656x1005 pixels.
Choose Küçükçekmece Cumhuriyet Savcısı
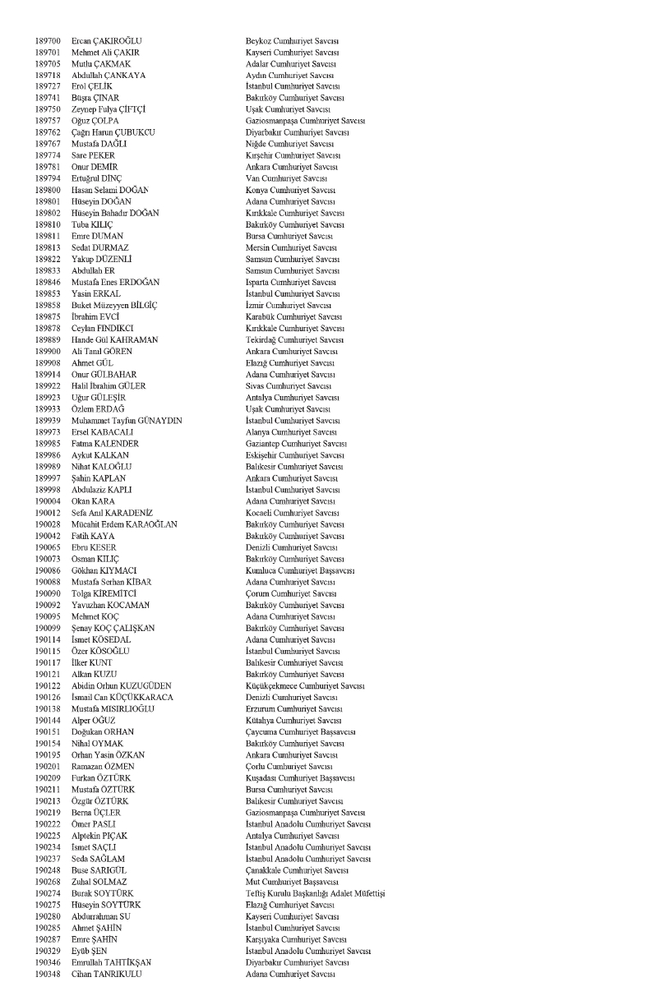[306, 685]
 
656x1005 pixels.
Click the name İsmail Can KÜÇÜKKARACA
[124, 697]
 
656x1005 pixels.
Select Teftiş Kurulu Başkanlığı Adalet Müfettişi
[316, 892]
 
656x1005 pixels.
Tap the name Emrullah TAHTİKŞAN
[113, 961]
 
